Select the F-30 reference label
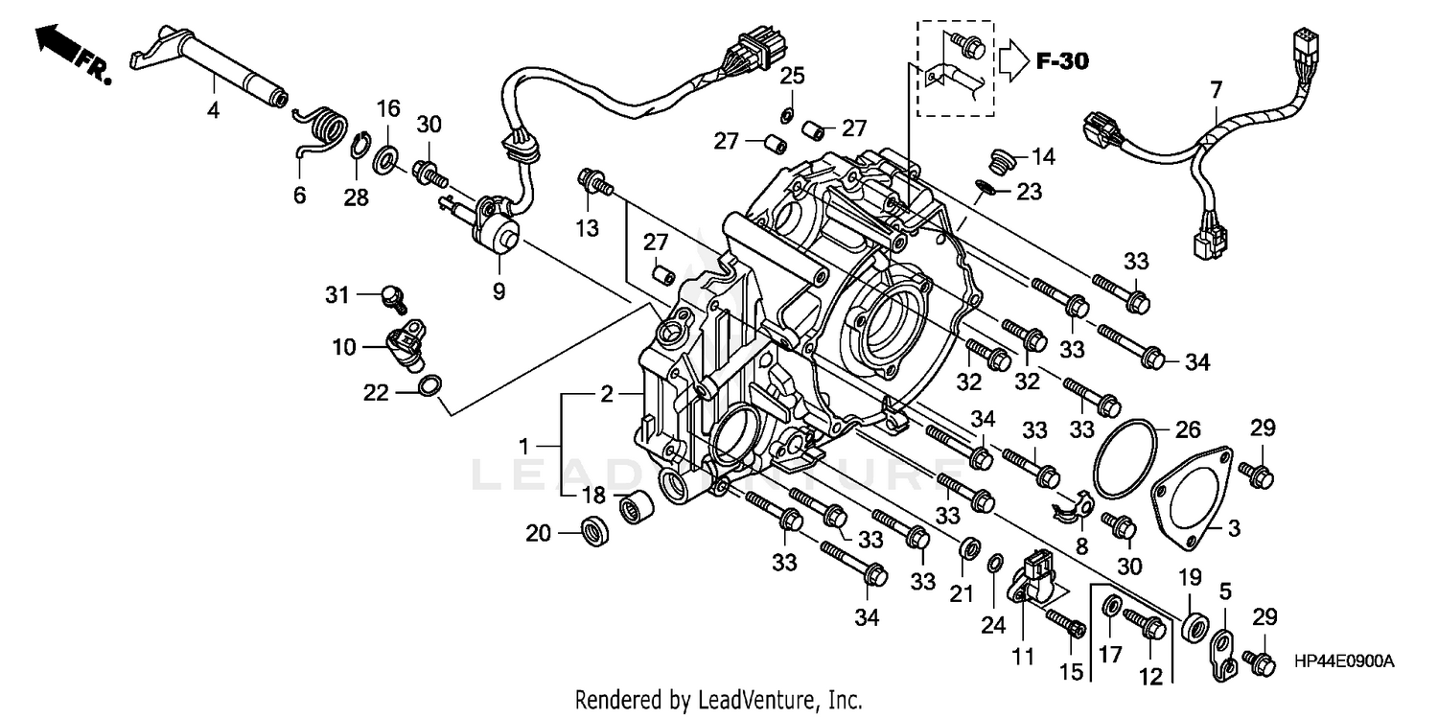[x=1063, y=62]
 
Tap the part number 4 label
[x=213, y=111]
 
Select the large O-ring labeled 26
[x=1125, y=459]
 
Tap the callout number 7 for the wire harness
[x=1216, y=91]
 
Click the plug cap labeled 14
[x=1001, y=160]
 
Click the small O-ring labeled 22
[x=431, y=386]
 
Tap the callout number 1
[x=524, y=445]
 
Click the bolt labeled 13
[x=594, y=180]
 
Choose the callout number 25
[x=792, y=76]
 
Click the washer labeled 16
[x=387, y=154]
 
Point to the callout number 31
[x=336, y=295]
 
